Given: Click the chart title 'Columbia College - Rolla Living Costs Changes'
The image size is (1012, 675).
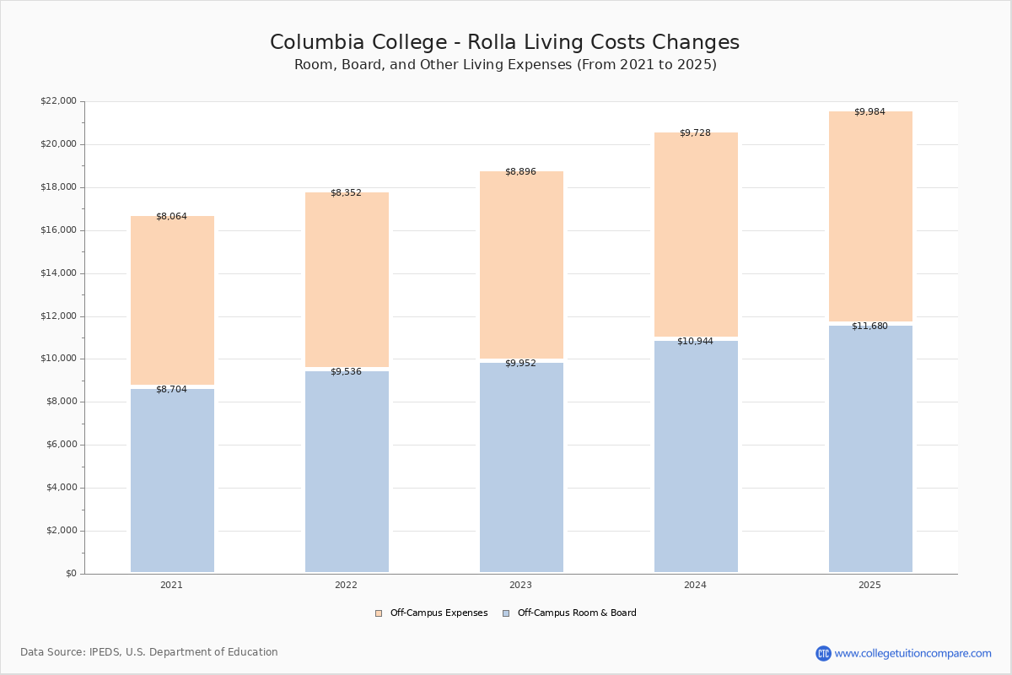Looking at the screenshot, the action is point(504,42).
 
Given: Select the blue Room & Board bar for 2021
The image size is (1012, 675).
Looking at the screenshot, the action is point(172,480).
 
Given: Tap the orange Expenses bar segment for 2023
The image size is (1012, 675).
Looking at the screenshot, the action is point(521,264).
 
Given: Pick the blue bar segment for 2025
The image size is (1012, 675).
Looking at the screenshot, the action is point(870,449).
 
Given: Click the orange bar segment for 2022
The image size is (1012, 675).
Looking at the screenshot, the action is point(347,279).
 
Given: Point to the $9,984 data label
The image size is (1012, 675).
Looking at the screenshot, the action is point(869,111).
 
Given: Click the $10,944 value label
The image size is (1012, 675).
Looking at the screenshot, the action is point(695,341).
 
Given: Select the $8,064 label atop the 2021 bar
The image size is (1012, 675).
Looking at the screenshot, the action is point(172,216).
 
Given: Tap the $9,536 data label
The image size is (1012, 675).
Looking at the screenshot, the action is point(346,371).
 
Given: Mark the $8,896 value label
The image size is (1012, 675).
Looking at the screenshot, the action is point(520,171).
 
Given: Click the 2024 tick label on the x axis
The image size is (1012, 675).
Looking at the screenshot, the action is point(695,585).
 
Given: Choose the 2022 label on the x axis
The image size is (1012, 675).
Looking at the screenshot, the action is point(346,585).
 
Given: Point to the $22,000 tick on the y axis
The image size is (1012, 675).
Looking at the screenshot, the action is point(59,100).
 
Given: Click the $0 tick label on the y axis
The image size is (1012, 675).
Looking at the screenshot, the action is point(72,573).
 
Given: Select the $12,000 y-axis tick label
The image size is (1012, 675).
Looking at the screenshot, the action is point(59,316).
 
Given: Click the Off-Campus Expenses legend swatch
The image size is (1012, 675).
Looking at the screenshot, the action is point(379,613).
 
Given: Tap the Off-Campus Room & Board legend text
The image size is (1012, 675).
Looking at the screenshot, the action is point(577,613).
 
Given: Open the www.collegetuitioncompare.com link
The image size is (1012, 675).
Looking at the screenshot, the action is point(912,653).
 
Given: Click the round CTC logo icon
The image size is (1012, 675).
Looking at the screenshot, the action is point(823,653).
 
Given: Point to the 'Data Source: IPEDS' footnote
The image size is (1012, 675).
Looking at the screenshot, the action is point(149,652).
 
